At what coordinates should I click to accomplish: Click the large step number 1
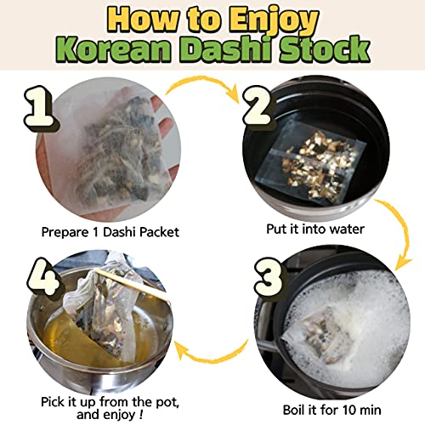(x=40, y=108)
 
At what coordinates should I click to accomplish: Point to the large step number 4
(x=45, y=276)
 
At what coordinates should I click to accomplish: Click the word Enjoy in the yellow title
(x=274, y=20)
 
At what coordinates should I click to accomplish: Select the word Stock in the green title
(x=325, y=49)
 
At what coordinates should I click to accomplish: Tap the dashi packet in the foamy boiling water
(x=321, y=336)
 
